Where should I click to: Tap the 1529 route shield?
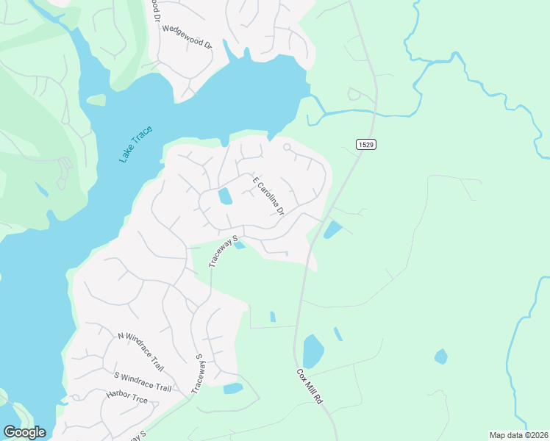367,145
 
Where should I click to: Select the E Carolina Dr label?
268,196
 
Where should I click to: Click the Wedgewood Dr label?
187,37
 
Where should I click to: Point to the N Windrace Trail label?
140,352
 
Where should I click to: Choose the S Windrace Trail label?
143,382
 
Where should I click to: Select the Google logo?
24,432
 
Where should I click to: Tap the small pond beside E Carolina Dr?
225,196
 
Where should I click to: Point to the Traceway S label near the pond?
224,251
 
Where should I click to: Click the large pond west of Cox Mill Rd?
313,351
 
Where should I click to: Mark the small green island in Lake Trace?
96,100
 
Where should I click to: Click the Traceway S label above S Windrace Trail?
199,373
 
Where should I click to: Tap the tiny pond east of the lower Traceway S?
233,388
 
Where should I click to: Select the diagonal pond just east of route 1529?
332,230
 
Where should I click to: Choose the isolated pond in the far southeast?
441,356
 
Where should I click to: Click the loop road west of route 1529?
355,93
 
